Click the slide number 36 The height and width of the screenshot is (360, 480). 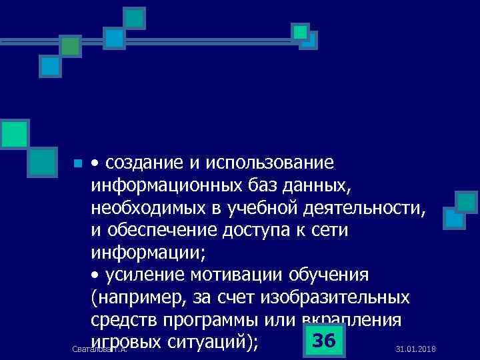[x=323, y=341]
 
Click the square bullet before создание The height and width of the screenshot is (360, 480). [x=77, y=164]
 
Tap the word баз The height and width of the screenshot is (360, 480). [x=267, y=186]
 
